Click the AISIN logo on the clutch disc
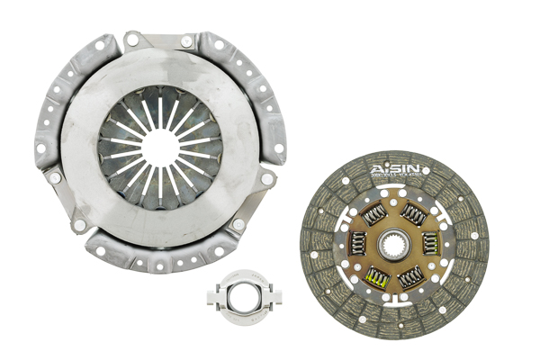(x=392, y=170)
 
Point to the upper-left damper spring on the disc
(x=373, y=212)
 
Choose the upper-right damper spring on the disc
(x=414, y=212)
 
